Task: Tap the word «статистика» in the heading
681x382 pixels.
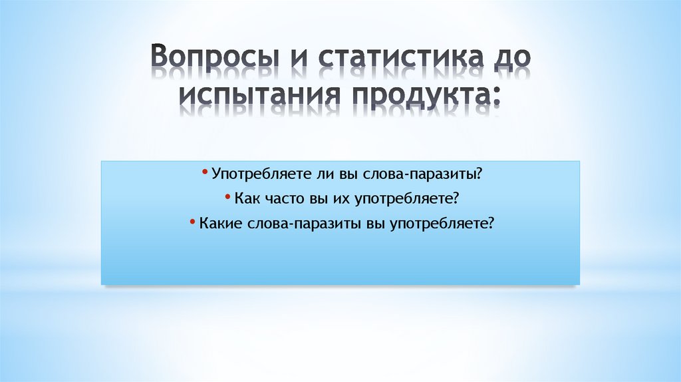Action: [x=396, y=58]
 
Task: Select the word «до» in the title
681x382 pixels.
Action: [x=511, y=58]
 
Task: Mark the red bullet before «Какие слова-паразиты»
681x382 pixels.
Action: [x=192, y=222]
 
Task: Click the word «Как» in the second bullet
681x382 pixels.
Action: [x=246, y=199]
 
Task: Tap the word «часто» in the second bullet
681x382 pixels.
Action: [x=281, y=199]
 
